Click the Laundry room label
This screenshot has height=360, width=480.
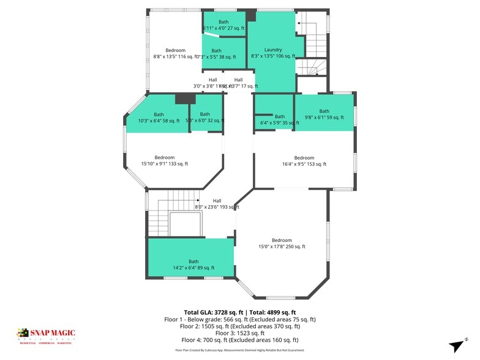click(x=273, y=53)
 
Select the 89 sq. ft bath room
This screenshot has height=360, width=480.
click(x=193, y=264)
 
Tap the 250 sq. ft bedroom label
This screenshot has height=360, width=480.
click(x=282, y=243)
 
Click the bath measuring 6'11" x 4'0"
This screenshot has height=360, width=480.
click(x=223, y=25)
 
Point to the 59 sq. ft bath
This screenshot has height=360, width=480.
click(x=324, y=114)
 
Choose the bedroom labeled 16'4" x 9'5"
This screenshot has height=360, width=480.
click(x=304, y=160)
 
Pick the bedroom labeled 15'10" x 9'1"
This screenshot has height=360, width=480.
click(x=164, y=160)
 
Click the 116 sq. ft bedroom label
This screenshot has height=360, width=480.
click(x=175, y=53)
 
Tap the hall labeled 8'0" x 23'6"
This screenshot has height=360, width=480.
click(x=217, y=204)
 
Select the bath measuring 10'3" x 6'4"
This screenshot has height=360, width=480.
click(x=159, y=118)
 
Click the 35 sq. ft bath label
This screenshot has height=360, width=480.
click(x=280, y=119)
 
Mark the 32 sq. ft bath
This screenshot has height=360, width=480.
click(x=205, y=118)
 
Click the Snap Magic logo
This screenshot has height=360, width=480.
click(x=46, y=335)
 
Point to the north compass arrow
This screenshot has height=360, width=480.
click(x=458, y=344)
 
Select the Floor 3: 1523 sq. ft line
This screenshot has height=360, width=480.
click(x=240, y=332)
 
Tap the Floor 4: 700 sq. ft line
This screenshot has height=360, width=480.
click(x=240, y=340)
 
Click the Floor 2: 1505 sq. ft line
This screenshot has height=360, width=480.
click(x=240, y=326)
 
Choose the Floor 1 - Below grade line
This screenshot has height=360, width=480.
click(x=240, y=318)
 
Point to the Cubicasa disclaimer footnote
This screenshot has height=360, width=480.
click(x=240, y=350)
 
